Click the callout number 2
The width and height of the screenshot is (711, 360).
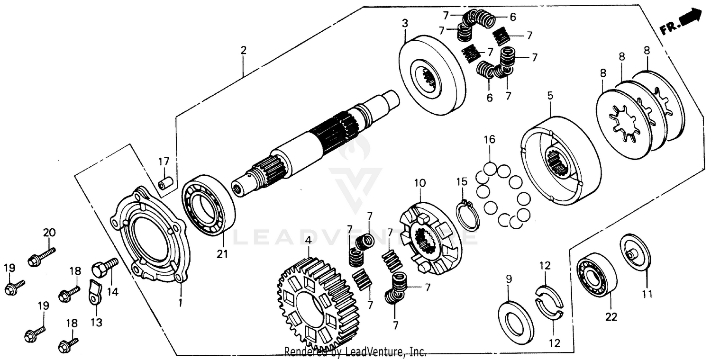[243, 51]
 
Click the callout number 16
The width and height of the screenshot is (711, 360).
[489, 139]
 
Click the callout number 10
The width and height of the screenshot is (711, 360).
[420, 183]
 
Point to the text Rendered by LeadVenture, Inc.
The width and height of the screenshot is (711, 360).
[355, 352]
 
